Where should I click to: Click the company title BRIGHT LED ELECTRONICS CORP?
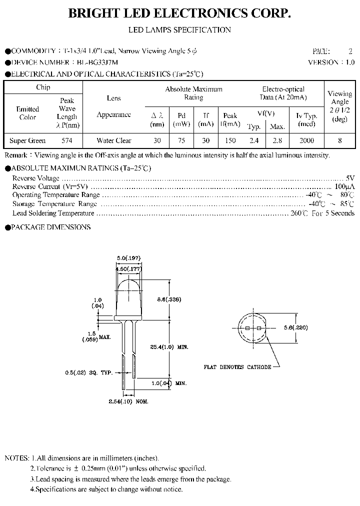(179, 14)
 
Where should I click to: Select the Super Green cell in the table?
(27, 140)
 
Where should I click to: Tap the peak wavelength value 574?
(66, 140)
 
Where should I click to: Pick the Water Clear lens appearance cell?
(113, 140)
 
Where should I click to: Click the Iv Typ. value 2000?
(306, 140)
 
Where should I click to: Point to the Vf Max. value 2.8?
(277, 140)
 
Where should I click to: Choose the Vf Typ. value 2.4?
(254, 140)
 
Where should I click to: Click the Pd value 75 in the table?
(181, 140)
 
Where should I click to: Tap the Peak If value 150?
(230, 140)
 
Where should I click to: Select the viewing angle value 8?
(340, 140)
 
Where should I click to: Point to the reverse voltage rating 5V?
(350, 178)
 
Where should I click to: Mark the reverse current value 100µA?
(344, 186)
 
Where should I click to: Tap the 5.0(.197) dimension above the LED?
(128, 257)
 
